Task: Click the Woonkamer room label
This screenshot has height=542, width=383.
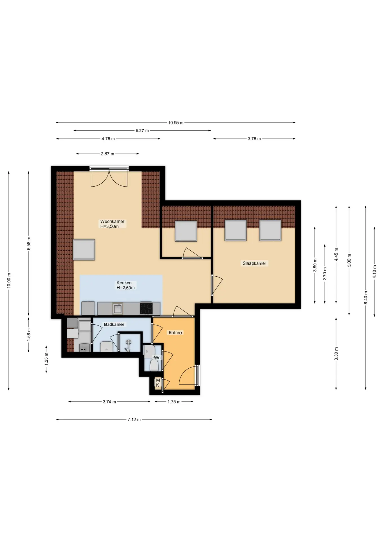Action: tap(112, 222)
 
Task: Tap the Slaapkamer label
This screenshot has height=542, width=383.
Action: tap(254, 263)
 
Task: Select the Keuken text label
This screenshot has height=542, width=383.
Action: tap(124, 283)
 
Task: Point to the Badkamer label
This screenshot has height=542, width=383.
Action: tap(114, 324)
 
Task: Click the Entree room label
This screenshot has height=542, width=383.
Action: tap(175, 333)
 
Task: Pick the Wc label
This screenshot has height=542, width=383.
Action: tap(157, 358)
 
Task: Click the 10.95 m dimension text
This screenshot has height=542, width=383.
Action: tap(176, 123)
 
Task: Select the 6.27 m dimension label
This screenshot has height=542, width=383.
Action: tap(142, 131)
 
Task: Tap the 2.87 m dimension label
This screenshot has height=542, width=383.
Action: tap(107, 154)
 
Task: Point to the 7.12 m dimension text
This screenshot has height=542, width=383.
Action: tap(134, 419)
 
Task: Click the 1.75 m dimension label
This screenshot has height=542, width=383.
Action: tap(174, 402)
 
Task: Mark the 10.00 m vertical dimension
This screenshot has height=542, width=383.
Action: tap(9, 281)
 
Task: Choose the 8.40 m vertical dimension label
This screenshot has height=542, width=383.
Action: tap(366, 298)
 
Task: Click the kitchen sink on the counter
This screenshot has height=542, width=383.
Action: tap(118, 309)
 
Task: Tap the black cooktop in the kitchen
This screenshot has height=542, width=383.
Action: tap(146, 308)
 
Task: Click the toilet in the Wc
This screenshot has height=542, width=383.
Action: tap(154, 365)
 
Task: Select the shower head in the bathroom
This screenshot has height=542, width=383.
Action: tap(128, 342)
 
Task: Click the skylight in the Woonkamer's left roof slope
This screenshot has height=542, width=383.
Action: tap(84, 250)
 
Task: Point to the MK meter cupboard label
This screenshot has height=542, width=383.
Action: tap(158, 383)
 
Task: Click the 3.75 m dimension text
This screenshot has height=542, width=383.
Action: tap(254, 139)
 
